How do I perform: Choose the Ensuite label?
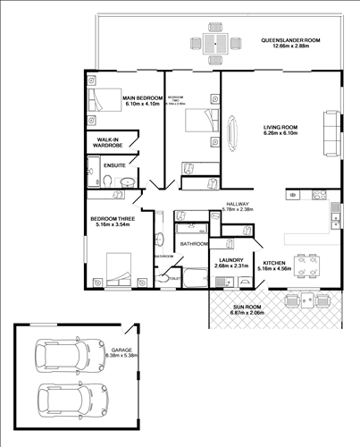point(113,165)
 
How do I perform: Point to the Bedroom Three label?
point(110,217)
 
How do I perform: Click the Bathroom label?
point(194,243)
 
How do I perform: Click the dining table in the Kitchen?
point(309,265)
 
